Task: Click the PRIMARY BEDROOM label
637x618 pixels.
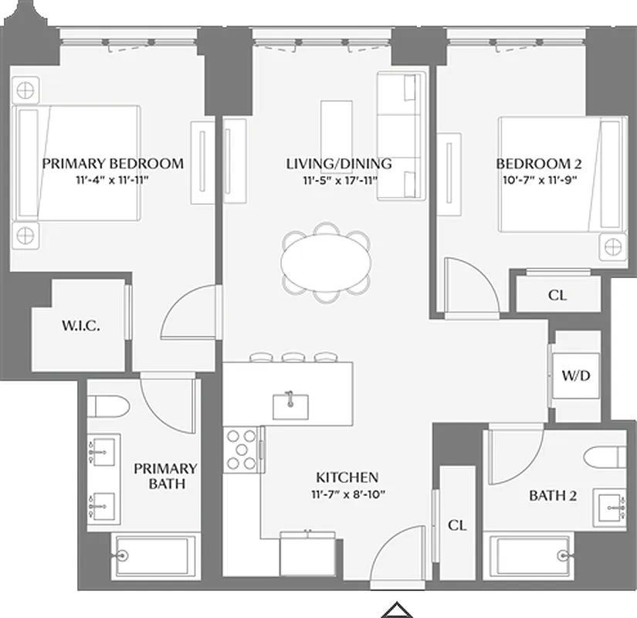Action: [x=113, y=163]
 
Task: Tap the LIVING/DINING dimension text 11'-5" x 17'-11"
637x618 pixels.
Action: [x=338, y=182]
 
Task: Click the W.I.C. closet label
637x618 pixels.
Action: [x=81, y=327]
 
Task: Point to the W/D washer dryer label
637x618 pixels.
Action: [x=576, y=376]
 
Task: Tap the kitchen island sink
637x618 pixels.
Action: [x=291, y=404]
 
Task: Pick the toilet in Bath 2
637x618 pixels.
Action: [x=605, y=456]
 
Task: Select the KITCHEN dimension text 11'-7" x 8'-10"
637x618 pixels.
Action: [x=347, y=495]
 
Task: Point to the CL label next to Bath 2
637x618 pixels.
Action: [x=457, y=525]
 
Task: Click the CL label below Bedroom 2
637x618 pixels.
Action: [x=556, y=296]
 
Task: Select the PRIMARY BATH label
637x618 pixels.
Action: [x=165, y=476]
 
